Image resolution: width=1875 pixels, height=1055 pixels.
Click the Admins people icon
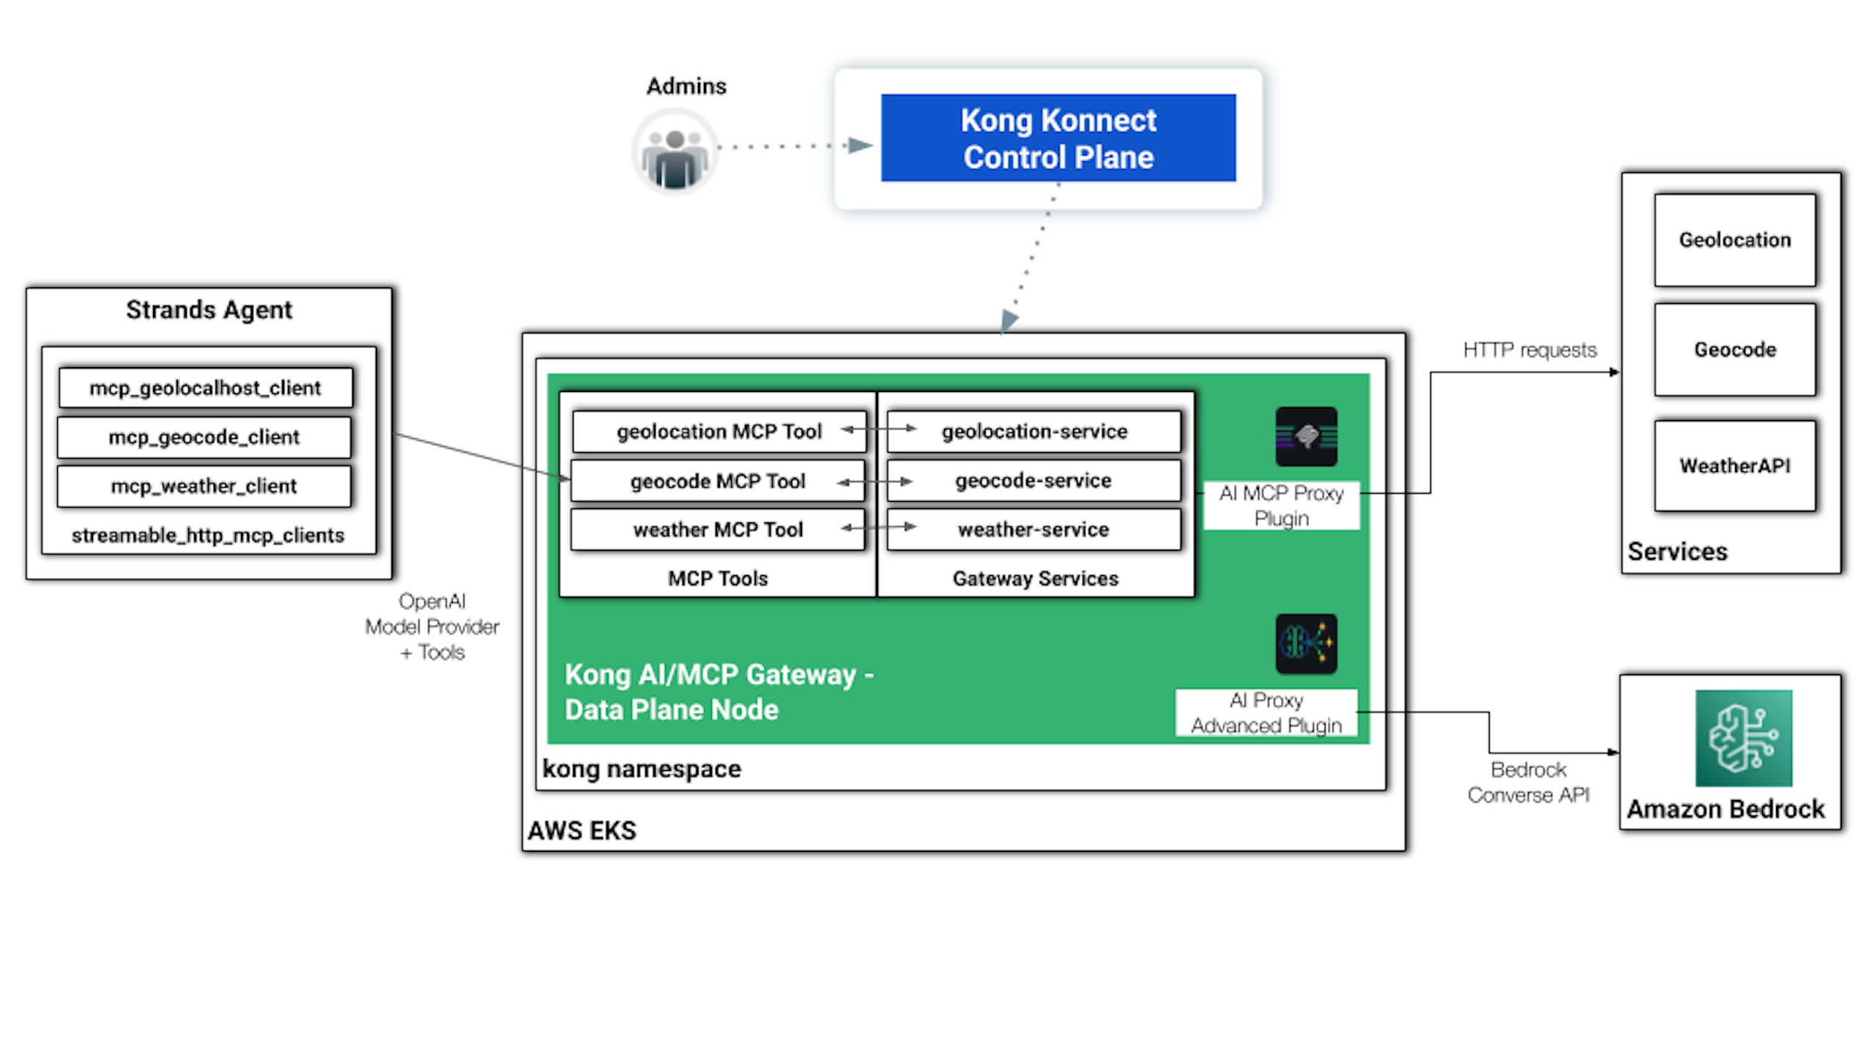(x=675, y=152)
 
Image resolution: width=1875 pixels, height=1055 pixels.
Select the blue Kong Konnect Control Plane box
(x=1058, y=138)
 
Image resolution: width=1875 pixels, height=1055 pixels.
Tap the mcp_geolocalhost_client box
(x=205, y=388)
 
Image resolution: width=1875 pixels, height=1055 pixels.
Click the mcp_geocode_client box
(x=204, y=437)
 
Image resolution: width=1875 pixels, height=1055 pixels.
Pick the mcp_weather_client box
(x=204, y=486)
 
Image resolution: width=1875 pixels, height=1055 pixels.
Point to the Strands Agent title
(x=209, y=310)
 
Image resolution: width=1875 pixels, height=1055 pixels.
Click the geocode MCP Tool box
(x=717, y=481)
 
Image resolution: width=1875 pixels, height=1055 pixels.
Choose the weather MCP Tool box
(x=717, y=530)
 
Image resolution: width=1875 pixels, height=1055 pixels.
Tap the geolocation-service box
(x=1033, y=432)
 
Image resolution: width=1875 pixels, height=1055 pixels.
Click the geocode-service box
(x=1033, y=481)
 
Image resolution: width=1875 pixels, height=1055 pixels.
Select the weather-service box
(x=1033, y=530)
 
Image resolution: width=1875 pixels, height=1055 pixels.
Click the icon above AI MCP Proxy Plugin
(x=1306, y=437)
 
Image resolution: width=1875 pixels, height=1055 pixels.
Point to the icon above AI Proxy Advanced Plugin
(x=1306, y=644)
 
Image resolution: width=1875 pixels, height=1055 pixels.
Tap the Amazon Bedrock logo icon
(x=1743, y=738)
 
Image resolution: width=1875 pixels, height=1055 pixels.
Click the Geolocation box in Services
(x=1734, y=240)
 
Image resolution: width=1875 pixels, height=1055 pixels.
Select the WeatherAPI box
(x=1734, y=466)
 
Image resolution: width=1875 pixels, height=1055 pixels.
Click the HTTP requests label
(x=1529, y=350)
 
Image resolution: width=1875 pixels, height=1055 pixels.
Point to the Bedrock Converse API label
(x=1529, y=782)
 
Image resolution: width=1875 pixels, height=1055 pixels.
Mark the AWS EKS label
(x=582, y=831)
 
